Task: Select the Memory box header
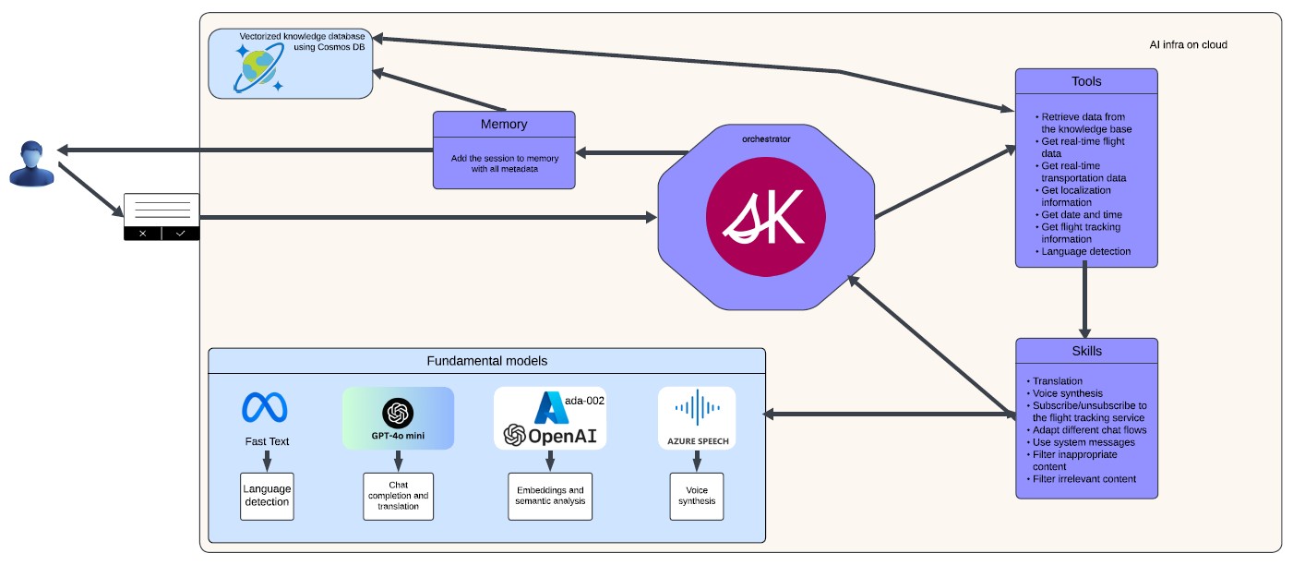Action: point(504,125)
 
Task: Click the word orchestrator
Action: point(766,139)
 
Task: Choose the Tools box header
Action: point(1086,81)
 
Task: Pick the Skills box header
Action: point(1086,351)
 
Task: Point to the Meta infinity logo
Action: point(265,407)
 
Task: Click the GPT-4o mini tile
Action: point(398,418)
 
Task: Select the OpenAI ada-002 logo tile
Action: point(550,418)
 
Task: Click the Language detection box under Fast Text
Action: point(267,496)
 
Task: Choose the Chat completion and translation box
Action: point(398,496)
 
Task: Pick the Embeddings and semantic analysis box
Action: point(550,496)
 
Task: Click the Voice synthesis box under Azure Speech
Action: point(697,496)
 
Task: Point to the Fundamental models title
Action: point(486,361)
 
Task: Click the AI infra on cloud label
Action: point(1188,44)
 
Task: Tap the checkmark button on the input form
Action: point(181,234)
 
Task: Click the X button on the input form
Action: point(142,234)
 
